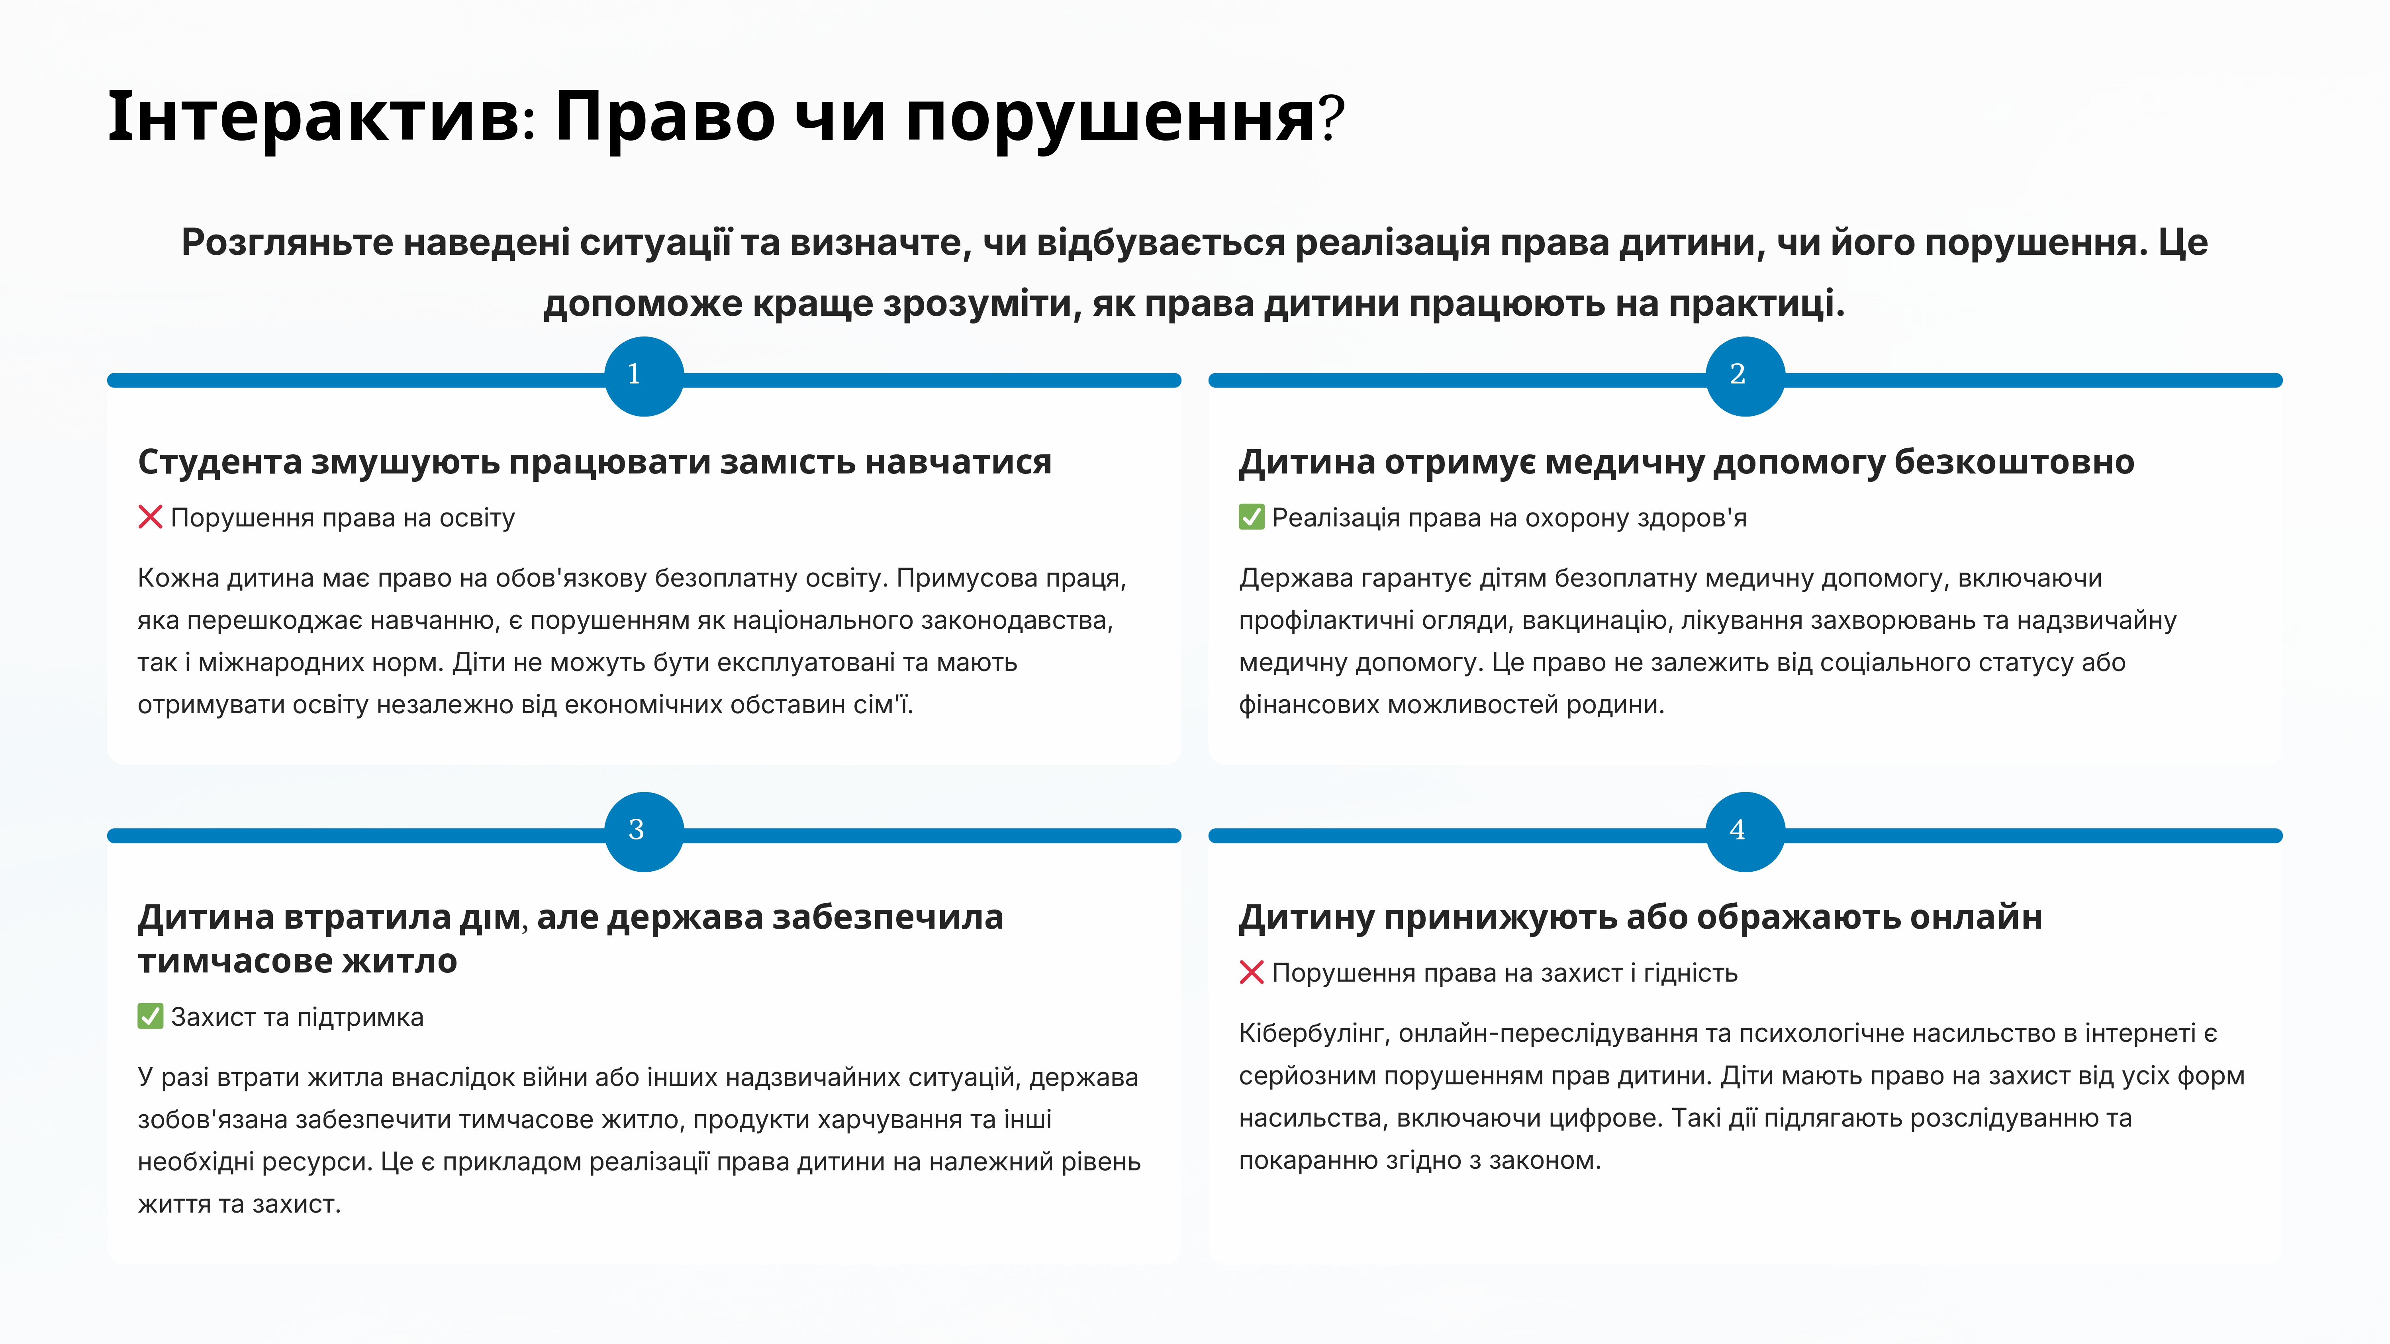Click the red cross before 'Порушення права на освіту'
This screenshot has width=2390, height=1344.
[x=150, y=516]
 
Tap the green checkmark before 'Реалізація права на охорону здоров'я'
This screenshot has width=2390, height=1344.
[x=1252, y=516]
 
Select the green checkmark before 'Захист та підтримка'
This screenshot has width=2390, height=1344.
[x=150, y=1017]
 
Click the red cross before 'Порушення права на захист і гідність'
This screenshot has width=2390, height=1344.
[x=1252, y=972]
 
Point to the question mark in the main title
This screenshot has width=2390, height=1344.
[x=1332, y=118]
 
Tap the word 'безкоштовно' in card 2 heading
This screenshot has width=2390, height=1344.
[x=2014, y=462]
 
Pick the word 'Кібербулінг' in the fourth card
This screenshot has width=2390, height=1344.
[x=1313, y=1033]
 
